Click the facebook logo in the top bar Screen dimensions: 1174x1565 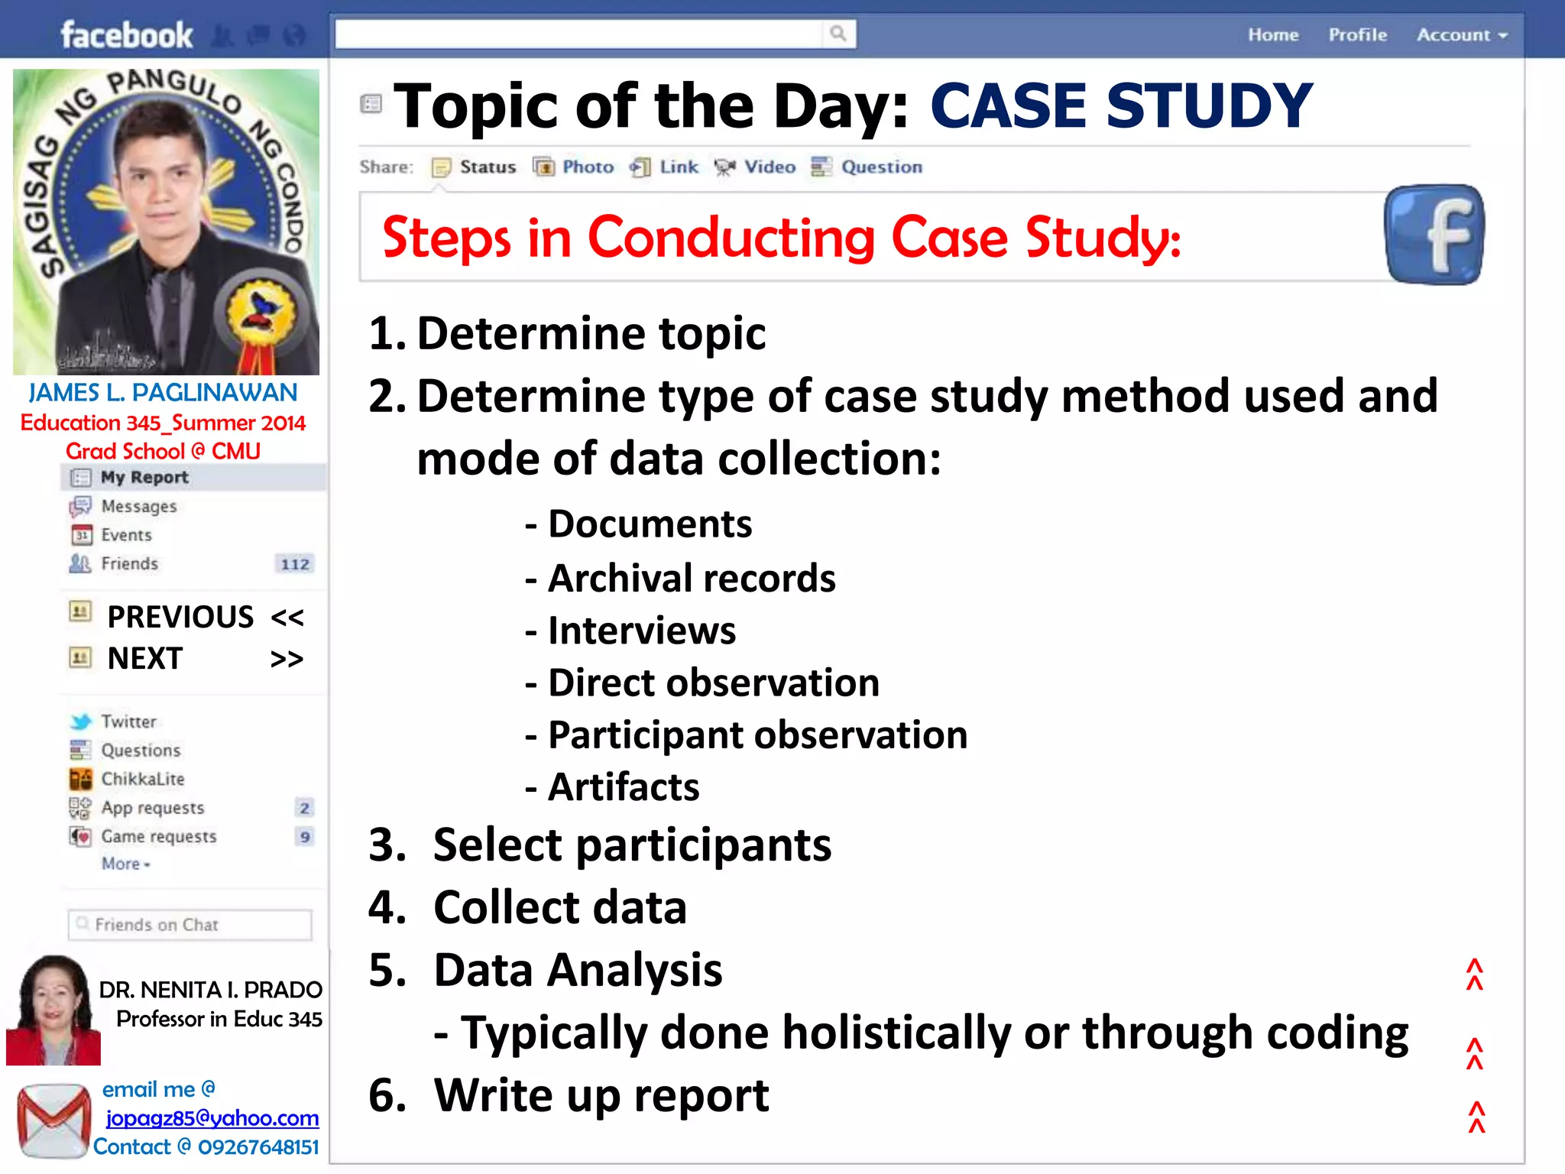click(x=127, y=35)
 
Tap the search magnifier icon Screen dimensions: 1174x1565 click(x=838, y=34)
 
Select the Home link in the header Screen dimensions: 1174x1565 click(x=1273, y=35)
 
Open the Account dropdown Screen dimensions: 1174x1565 click(x=1461, y=35)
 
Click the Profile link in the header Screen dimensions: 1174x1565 click(x=1357, y=35)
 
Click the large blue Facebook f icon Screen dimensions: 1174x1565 click(x=1434, y=235)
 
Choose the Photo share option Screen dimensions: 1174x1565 click(x=587, y=167)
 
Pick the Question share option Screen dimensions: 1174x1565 click(x=880, y=167)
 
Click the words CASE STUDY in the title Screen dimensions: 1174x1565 click(x=1121, y=106)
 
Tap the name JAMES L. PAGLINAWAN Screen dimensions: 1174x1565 click(x=163, y=392)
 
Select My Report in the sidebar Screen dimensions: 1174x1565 click(x=144, y=478)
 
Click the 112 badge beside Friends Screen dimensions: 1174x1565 click(x=295, y=564)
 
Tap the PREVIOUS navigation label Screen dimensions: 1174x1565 click(x=180, y=617)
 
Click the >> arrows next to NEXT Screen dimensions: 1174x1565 click(x=287, y=659)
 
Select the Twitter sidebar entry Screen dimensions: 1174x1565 click(x=128, y=722)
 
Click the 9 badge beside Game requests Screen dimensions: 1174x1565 click(x=305, y=837)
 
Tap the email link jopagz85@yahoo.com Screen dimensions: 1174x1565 click(x=212, y=1118)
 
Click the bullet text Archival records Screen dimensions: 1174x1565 click(x=692, y=579)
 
